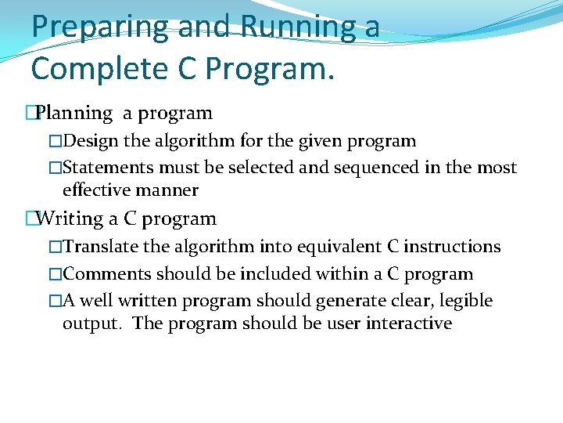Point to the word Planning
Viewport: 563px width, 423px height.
pos(75,114)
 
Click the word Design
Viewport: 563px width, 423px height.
pos(90,142)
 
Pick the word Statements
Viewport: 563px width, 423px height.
pos(108,168)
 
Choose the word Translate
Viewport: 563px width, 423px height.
pos(101,247)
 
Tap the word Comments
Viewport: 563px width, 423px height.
pos(107,274)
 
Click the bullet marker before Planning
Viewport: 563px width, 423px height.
pos(30,114)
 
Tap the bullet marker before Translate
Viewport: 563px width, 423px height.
pos(55,247)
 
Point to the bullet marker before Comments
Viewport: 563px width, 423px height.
pos(55,274)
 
